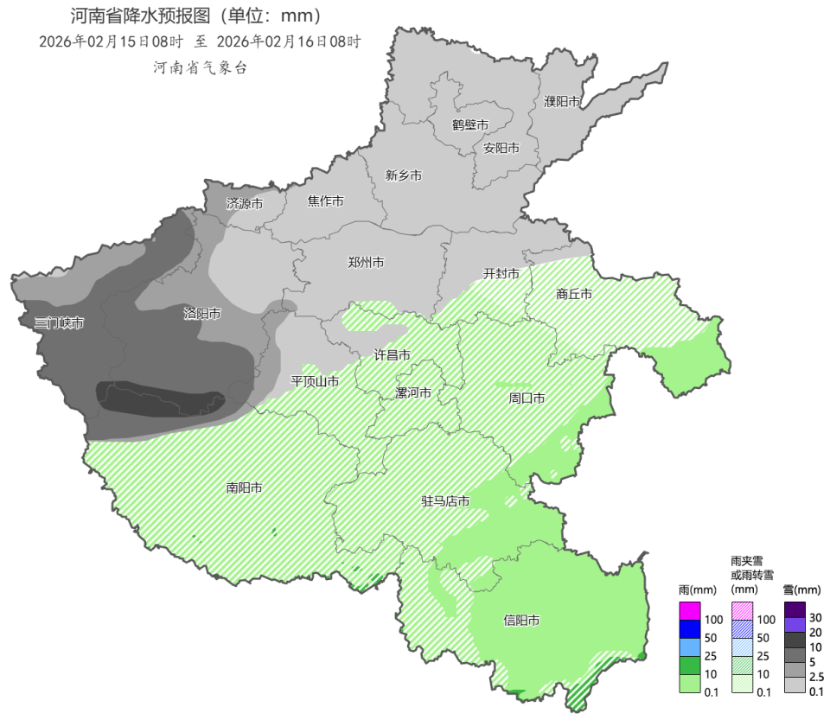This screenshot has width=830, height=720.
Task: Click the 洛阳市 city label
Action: click(x=202, y=314)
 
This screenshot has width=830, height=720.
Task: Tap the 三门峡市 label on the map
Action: click(x=59, y=323)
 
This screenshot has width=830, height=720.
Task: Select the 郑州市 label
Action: click(x=366, y=262)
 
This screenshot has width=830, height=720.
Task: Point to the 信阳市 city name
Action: click(x=521, y=621)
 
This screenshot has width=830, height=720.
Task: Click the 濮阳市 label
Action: click(x=562, y=102)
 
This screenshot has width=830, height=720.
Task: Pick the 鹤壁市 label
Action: click(x=470, y=124)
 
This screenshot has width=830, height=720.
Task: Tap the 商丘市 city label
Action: click(x=574, y=294)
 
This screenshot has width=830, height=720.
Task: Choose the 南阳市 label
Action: click(x=245, y=487)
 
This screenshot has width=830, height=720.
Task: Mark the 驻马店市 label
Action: click(x=445, y=501)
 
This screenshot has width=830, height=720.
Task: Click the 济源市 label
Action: click(x=245, y=204)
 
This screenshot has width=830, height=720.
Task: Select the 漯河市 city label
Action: click(x=413, y=392)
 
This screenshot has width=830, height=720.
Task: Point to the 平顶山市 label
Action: click(x=315, y=380)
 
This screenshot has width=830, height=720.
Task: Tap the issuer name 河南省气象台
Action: click(x=200, y=67)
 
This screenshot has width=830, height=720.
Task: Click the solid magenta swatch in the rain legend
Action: click(x=690, y=610)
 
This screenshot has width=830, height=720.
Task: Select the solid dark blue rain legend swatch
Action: click(x=690, y=628)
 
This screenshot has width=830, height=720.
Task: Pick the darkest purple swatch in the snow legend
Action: click(x=795, y=608)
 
